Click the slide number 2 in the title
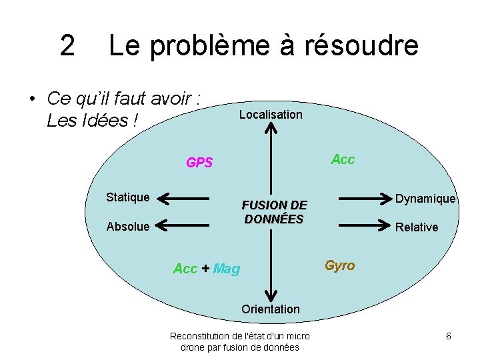(67, 45)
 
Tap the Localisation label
(271, 115)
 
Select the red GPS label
(199, 163)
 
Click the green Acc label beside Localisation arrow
(343, 159)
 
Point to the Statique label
(128, 197)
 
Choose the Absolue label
(128, 227)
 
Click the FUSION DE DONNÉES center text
(274, 212)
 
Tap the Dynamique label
(425, 199)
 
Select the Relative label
(417, 227)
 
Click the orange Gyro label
(340, 265)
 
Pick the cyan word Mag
(227, 269)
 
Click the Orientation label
(271, 309)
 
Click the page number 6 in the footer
(449, 337)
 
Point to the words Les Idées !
(93, 121)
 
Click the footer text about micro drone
(240, 342)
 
